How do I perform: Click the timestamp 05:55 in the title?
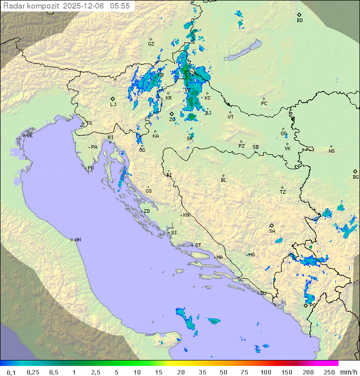click(120, 6)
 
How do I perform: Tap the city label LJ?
click(113, 104)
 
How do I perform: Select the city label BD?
click(299, 21)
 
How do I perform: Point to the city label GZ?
click(151, 44)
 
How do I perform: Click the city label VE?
click(29, 136)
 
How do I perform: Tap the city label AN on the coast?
click(77, 240)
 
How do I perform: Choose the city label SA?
click(272, 231)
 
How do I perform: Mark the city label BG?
click(355, 177)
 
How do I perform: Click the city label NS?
click(331, 151)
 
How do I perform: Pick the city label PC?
click(264, 103)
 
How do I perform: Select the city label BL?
click(223, 180)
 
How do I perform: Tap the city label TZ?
click(283, 192)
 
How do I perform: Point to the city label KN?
click(186, 215)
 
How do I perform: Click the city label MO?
click(251, 254)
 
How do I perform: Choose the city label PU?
click(90, 168)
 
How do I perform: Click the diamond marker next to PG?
click(306, 305)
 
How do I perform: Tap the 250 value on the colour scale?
click(329, 372)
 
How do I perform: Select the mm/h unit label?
click(348, 372)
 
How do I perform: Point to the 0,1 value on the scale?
click(11, 372)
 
